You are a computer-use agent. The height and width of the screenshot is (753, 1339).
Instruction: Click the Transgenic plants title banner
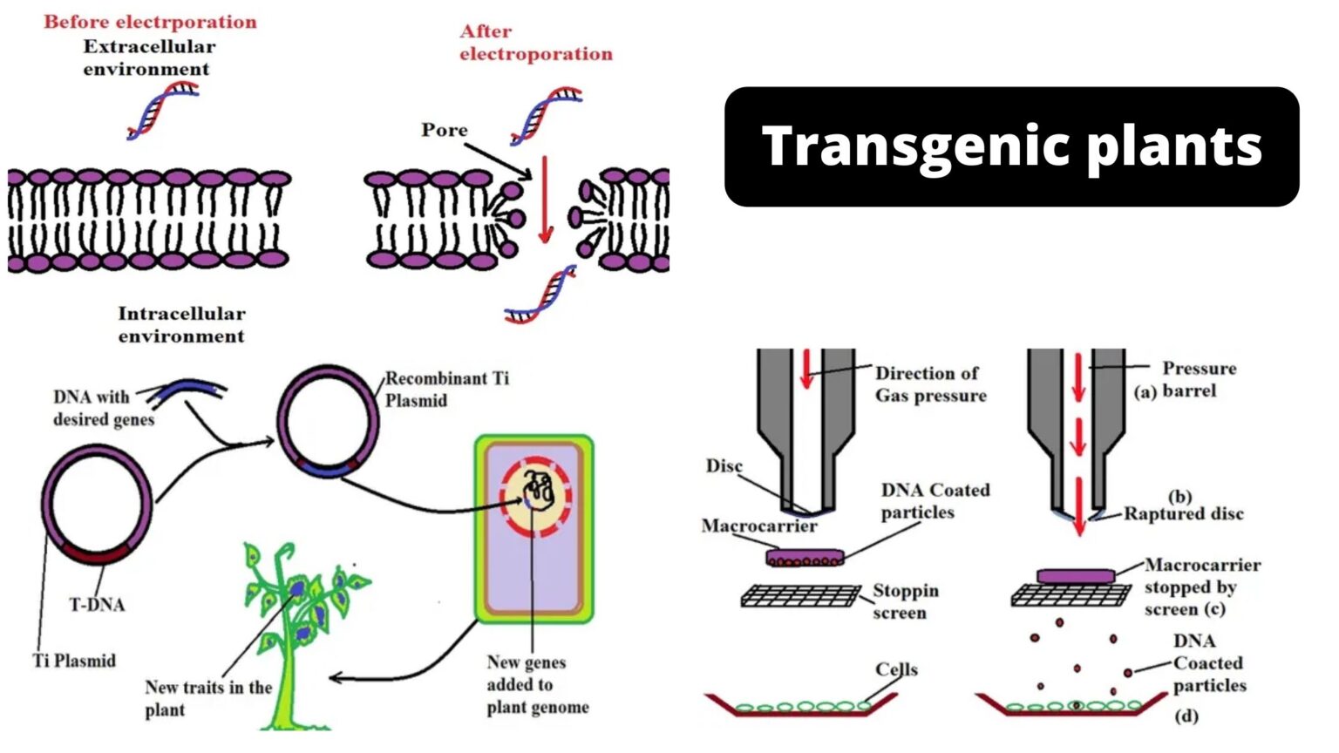pyautogui.click(x=1011, y=146)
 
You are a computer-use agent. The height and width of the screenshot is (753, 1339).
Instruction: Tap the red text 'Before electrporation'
pyautogui.click(x=150, y=22)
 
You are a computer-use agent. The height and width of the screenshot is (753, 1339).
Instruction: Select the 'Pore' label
pyautogui.click(x=444, y=130)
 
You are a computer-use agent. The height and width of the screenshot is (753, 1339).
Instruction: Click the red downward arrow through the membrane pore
pyautogui.click(x=546, y=200)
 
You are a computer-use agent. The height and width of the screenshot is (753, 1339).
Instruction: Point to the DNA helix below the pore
pyautogui.click(x=542, y=295)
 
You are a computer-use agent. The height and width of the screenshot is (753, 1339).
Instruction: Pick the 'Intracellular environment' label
pyautogui.click(x=181, y=324)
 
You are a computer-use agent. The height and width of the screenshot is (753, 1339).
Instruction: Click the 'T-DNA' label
pyautogui.click(x=97, y=604)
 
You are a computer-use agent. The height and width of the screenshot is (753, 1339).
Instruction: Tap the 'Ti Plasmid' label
pyautogui.click(x=74, y=661)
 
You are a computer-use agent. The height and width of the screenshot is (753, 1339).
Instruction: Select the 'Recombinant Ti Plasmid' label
pyautogui.click(x=446, y=390)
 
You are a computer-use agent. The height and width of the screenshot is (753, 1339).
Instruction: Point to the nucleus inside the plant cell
pyautogui.click(x=535, y=496)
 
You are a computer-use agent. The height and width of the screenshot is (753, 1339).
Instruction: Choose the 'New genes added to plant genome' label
pyautogui.click(x=537, y=685)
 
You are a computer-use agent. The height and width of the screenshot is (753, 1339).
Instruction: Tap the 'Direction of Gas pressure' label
pyautogui.click(x=930, y=384)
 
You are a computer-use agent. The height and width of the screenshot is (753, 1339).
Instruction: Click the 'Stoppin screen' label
pyautogui.click(x=906, y=601)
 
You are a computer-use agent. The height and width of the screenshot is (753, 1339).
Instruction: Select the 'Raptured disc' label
pyautogui.click(x=1183, y=513)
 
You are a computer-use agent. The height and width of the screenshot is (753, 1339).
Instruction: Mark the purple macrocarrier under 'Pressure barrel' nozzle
pyautogui.click(x=1076, y=576)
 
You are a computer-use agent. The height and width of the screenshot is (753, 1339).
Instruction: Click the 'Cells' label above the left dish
pyautogui.click(x=896, y=669)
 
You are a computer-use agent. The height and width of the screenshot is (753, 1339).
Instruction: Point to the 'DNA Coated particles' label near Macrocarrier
pyautogui.click(x=935, y=501)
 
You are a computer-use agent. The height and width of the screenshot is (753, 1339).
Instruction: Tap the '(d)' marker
pyautogui.click(x=1186, y=716)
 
